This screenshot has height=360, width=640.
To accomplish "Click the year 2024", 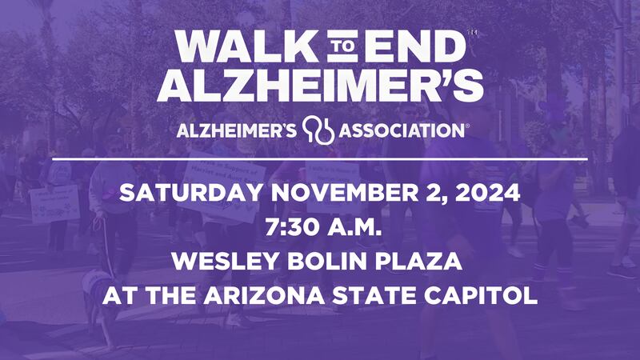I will (490, 193).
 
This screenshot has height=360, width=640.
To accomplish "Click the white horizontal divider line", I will (320, 159).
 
